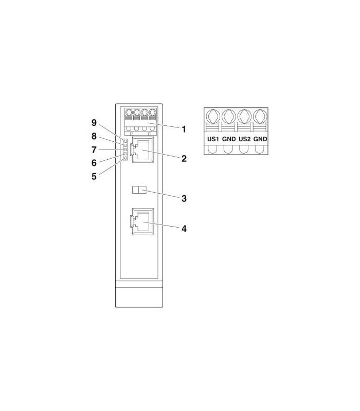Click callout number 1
(184, 129)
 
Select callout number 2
(184, 159)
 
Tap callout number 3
(184, 198)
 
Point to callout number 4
(184, 229)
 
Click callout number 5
(94, 176)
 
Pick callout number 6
(94, 163)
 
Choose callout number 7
(94, 150)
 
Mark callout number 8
(94, 136)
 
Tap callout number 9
(94, 123)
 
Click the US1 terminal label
(213, 139)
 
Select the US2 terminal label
(244, 139)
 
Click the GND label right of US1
(229, 139)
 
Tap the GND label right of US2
(260, 139)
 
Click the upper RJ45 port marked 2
(143, 150)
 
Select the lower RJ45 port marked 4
(142, 221)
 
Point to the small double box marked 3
(139, 190)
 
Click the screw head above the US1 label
(213, 117)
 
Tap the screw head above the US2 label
(244, 117)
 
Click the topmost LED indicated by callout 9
(125, 141)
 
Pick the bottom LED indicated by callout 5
(125, 158)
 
